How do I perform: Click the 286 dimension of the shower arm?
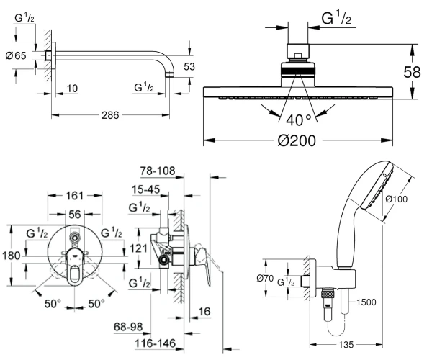tap(110, 115)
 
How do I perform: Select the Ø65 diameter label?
tap(16, 56)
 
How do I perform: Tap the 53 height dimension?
tap(189, 67)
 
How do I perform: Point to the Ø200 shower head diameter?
tap(297, 140)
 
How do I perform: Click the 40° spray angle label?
tap(299, 120)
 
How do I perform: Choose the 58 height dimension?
tap(412, 73)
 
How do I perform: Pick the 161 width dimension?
tap(75, 196)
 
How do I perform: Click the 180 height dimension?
tap(12, 256)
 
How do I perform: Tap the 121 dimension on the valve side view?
tap(138, 248)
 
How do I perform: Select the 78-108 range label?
tap(158, 171)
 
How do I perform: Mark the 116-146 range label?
tap(155, 343)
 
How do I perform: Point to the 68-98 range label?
tap(128, 327)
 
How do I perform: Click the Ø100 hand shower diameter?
tap(396, 199)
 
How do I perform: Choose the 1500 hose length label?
tap(366, 302)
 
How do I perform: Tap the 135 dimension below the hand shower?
tap(346, 345)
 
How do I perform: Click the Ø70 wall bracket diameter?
tap(265, 279)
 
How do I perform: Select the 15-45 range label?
tap(145, 189)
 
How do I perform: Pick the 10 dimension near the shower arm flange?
tap(72, 89)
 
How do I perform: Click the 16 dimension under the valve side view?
tap(204, 312)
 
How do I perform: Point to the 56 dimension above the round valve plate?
tap(75, 215)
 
